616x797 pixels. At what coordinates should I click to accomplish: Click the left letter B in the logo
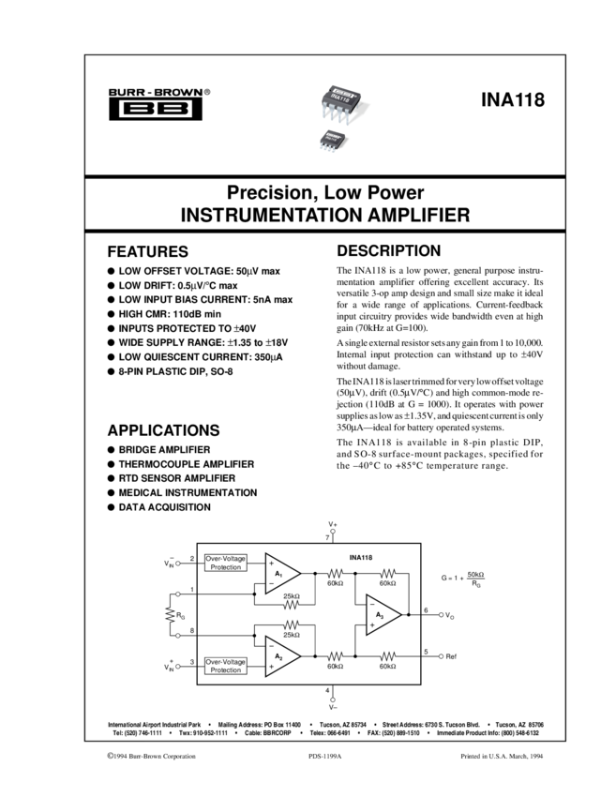137,109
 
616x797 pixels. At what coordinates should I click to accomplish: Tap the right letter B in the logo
174,109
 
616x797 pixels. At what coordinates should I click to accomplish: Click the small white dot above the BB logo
175,93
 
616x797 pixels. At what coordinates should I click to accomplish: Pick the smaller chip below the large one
332,141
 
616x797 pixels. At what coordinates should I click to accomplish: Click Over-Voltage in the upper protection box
226,559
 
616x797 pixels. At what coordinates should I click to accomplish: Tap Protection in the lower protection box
226,670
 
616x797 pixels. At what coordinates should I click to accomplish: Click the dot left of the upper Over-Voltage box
177,564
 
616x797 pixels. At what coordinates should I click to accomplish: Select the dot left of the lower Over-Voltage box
177,667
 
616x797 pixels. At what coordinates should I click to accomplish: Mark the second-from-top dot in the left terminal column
177,594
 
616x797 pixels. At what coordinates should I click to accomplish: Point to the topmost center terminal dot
333,532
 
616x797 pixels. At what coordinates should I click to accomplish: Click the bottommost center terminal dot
333,700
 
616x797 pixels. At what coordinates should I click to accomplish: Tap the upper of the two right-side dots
441,615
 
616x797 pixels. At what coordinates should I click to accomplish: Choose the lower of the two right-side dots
441,656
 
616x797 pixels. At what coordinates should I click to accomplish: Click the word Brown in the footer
153,756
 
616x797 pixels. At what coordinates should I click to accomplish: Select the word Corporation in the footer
180,756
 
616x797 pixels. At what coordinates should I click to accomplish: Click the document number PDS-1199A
324,756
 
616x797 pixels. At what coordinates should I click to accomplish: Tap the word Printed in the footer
472,756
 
